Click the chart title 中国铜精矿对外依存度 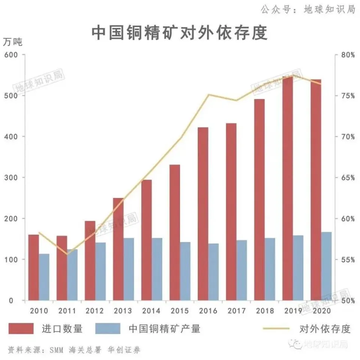[180, 33]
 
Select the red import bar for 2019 [288, 187]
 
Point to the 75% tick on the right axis [348, 96]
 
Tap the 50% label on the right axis [348, 300]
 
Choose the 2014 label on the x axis [151, 311]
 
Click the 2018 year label [265, 311]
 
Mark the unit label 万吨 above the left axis [13, 42]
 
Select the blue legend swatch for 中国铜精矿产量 [108, 328]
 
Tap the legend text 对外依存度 [325, 329]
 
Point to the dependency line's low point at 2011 [67, 254]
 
